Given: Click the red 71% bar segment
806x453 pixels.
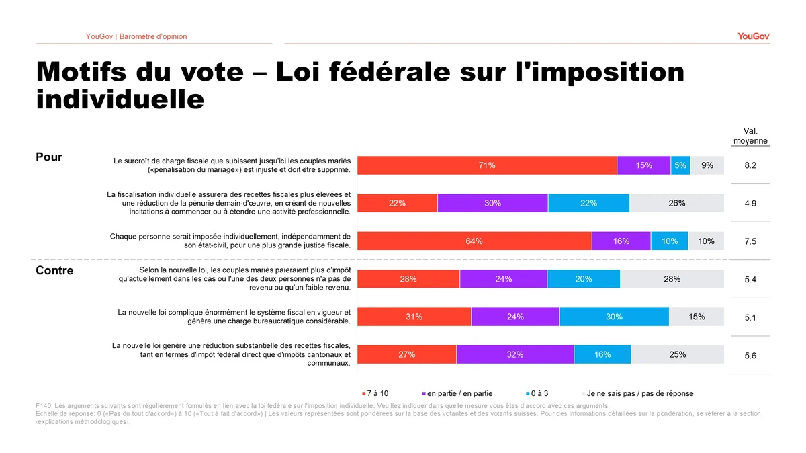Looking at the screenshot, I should [487, 165].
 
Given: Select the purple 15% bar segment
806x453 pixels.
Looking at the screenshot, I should [643, 165].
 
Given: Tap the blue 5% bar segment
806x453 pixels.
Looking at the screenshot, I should [680, 165].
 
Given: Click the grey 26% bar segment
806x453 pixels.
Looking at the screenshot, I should [676, 204].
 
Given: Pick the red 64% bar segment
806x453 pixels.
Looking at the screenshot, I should [474, 241].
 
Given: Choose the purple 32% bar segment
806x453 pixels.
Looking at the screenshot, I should [515, 355].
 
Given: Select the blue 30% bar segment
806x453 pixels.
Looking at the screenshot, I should [614, 317].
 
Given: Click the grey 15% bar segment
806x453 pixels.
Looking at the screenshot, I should [697, 317].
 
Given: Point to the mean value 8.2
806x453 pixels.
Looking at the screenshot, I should [750, 165].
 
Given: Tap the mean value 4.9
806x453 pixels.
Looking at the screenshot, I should [750, 204].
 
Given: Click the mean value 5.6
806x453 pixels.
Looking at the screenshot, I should [750, 356].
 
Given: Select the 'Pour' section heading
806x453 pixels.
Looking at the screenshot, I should [49, 157].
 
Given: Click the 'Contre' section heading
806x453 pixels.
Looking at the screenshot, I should [54, 271].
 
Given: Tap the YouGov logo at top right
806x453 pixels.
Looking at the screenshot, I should [753, 36].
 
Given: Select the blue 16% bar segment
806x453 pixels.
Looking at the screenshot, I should [602, 355].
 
